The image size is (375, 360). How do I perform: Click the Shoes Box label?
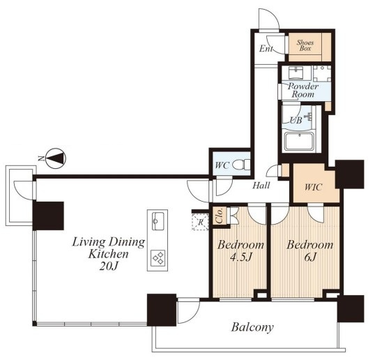click(305, 45)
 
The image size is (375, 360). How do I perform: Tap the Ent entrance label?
click(266, 49)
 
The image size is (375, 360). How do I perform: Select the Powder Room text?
click(303, 90)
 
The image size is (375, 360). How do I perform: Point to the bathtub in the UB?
click(300, 142)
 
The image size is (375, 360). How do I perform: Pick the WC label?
click(222, 165)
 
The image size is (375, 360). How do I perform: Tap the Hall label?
click(261, 186)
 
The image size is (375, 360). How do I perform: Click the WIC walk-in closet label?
click(313, 187)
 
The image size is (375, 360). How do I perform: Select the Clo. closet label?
click(220, 216)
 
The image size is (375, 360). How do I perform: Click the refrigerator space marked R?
click(200, 222)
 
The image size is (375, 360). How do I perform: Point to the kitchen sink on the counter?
click(158, 220)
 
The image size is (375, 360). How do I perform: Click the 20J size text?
click(109, 266)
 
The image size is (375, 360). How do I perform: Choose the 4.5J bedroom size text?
click(241, 257)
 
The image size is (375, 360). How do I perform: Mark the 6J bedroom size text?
click(310, 257)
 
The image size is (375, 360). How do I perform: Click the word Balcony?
click(252, 327)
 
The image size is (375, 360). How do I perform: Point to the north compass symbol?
click(56, 158)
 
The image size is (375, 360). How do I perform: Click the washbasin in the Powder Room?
click(296, 73)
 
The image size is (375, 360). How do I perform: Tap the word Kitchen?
click(108, 254)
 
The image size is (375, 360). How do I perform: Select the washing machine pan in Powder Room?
click(322, 73)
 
